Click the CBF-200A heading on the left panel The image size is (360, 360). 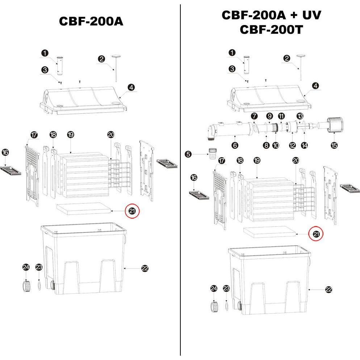(91, 21)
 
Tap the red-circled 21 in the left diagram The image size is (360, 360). (132, 212)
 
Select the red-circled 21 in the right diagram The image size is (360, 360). (316, 234)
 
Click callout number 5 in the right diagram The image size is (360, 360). (188, 154)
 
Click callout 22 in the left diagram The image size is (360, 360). (145, 268)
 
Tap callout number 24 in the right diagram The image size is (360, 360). (214, 288)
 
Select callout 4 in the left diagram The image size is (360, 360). (131, 87)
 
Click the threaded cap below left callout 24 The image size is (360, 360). (26, 286)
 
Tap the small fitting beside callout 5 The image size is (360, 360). (211, 154)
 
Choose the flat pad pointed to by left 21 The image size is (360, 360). (83, 209)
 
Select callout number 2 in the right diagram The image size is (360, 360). (287, 58)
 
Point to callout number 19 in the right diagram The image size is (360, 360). (257, 160)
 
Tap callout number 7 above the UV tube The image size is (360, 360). (254, 116)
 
